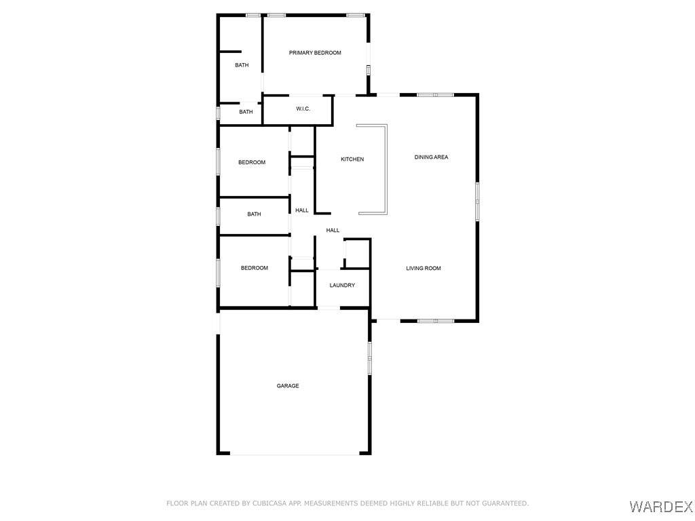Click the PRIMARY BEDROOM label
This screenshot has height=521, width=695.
pos(315,53)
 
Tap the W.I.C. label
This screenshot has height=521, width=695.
pos(303,109)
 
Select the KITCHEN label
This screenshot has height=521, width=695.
pos(352,159)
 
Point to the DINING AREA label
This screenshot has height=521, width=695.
pos(431,157)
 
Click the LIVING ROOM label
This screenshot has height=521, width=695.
pos(424,268)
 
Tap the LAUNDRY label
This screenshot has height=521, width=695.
pos(342,286)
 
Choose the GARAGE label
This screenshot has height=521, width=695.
pos(288,386)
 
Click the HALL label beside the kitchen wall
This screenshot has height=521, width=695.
pos(302,210)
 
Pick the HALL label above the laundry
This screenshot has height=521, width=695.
pos(333,231)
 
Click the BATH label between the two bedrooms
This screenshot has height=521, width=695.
pos(254,214)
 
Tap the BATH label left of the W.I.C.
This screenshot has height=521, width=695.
pos(246,112)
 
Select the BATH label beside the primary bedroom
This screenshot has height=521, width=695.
pos(242,65)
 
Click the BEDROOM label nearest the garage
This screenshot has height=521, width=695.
pos(255,268)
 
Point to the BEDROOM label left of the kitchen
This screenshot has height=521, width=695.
pos(252,162)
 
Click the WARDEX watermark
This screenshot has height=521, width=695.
pos(661,506)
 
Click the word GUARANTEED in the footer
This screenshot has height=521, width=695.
pos(505,503)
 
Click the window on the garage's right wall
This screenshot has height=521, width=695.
pos(370,358)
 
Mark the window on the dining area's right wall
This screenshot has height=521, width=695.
pos(477,201)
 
